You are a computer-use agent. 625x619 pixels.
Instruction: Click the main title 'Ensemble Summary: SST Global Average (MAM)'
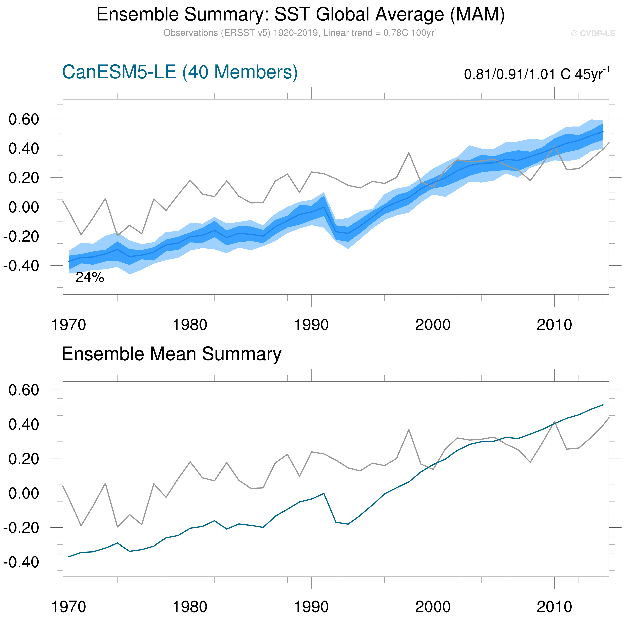point(301,14)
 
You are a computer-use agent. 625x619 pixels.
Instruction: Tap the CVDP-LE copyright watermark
point(593,34)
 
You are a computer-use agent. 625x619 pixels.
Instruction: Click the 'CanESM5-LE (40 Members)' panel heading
point(180,72)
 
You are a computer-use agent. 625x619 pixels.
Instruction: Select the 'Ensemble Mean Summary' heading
point(172,354)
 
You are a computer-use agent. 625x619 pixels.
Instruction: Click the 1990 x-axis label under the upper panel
point(311,325)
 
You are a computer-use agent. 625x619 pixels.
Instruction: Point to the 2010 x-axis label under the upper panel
point(554,325)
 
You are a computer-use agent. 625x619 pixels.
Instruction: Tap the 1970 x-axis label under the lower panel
point(69,607)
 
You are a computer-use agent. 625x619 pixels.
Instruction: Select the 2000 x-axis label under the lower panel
point(433,607)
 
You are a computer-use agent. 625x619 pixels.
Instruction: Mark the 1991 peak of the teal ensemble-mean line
point(324,494)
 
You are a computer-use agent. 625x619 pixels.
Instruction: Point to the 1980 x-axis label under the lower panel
point(190,607)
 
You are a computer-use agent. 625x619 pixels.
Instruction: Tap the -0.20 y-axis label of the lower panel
point(21,528)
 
